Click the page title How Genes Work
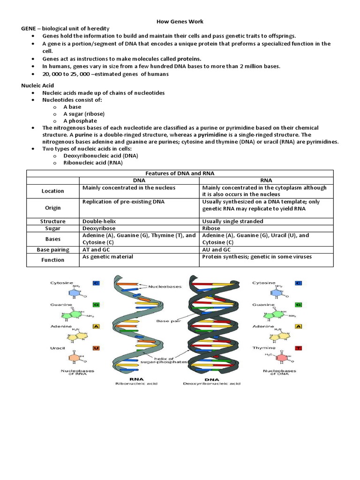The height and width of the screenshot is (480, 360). coord(180,22)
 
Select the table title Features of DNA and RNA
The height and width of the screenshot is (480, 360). coord(180,173)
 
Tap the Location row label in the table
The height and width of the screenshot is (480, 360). coord(52,191)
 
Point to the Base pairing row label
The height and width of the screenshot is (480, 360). coord(52,250)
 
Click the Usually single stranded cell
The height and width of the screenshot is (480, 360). coord(232,221)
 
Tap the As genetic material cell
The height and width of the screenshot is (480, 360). coord(107,257)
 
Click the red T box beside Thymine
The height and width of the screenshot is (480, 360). coord(298,348)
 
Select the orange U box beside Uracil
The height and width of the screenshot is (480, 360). coord(97,348)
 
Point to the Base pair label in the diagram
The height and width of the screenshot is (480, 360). coord(166,321)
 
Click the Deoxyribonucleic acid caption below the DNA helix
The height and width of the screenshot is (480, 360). coord(212,383)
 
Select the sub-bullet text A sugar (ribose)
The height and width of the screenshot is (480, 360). coord(84,114)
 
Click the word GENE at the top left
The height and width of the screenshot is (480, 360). coord(29,29)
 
